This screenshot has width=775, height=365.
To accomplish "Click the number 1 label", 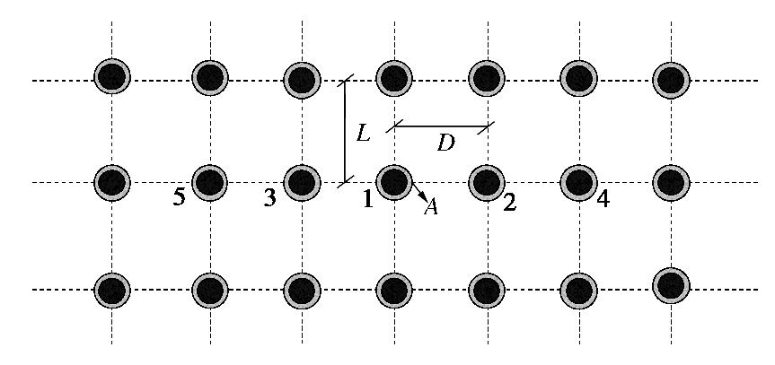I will pos(366,199).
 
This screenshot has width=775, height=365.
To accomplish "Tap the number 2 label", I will pos(509,203).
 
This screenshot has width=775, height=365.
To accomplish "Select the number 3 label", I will pos(270,199).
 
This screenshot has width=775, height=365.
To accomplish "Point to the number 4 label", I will pos(603,199).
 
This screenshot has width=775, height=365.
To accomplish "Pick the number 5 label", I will pos(180,198).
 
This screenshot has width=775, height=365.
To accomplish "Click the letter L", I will pos(363,135).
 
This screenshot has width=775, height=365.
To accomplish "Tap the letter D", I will pos(445,142).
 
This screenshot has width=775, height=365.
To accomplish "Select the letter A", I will pos(431,207).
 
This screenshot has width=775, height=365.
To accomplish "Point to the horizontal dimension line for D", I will pos(440,126).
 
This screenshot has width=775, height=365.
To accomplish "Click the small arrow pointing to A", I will pos(419,193).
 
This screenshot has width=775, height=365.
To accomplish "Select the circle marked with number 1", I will pos(393,182).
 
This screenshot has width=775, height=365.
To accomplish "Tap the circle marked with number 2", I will pos(486,182).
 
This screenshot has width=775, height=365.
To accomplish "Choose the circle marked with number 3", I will pos(302,182).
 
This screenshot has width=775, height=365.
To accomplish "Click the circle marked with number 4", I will pos(578,182).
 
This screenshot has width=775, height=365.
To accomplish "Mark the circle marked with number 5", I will pos(209,182).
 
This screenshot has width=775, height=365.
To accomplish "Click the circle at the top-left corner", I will pos(112,76).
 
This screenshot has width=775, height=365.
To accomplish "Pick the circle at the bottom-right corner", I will pos(671,286).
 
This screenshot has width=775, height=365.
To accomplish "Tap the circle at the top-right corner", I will pos(671,78).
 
